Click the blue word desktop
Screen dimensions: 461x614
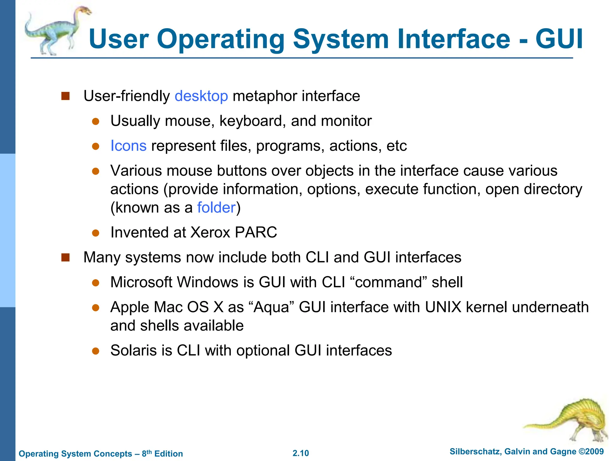pos(201,96)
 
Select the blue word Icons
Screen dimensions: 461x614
pos(128,146)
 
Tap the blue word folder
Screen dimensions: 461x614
pos(216,208)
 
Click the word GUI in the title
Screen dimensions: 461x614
pos(559,39)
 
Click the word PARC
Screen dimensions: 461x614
pos(256,233)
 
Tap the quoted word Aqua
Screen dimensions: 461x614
pos(273,307)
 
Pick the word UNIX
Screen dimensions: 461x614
pos(443,307)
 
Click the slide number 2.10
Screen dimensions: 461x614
pos(301,453)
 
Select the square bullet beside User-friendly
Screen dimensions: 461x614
pos(65,96)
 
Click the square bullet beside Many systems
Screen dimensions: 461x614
pos(65,258)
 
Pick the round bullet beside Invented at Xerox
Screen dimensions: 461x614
pos(96,233)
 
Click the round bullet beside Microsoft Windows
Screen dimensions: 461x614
pos(96,283)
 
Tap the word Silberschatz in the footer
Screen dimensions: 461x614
pos(475,452)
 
